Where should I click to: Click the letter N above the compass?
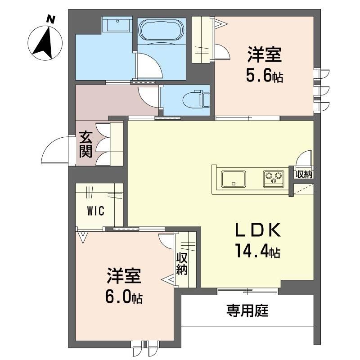pyautogui.click(x=51, y=19)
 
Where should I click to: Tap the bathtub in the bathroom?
pyautogui.click(x=162, y=31)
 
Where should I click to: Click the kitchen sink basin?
pyautogui.click(x=233, y=179)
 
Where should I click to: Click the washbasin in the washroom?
pyautogui.click(x=118, y=25)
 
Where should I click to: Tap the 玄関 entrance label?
pyautogui.click(x=85, y=144)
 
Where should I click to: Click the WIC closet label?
pyautogui.click(x=95, y=211)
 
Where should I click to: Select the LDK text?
pyautogui.click(x=257, y=230)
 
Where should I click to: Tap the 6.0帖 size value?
pyautogui.click(x=124, y=297)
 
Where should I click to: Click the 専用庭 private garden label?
pyautogui.click(x=247, y=310)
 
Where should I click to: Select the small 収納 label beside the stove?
pyautogui.click(x=304, y=175)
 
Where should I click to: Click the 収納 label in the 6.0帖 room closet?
pyautogui.click(x=182, y=264)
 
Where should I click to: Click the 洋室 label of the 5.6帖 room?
pyautogui.click(x=265, y=54)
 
